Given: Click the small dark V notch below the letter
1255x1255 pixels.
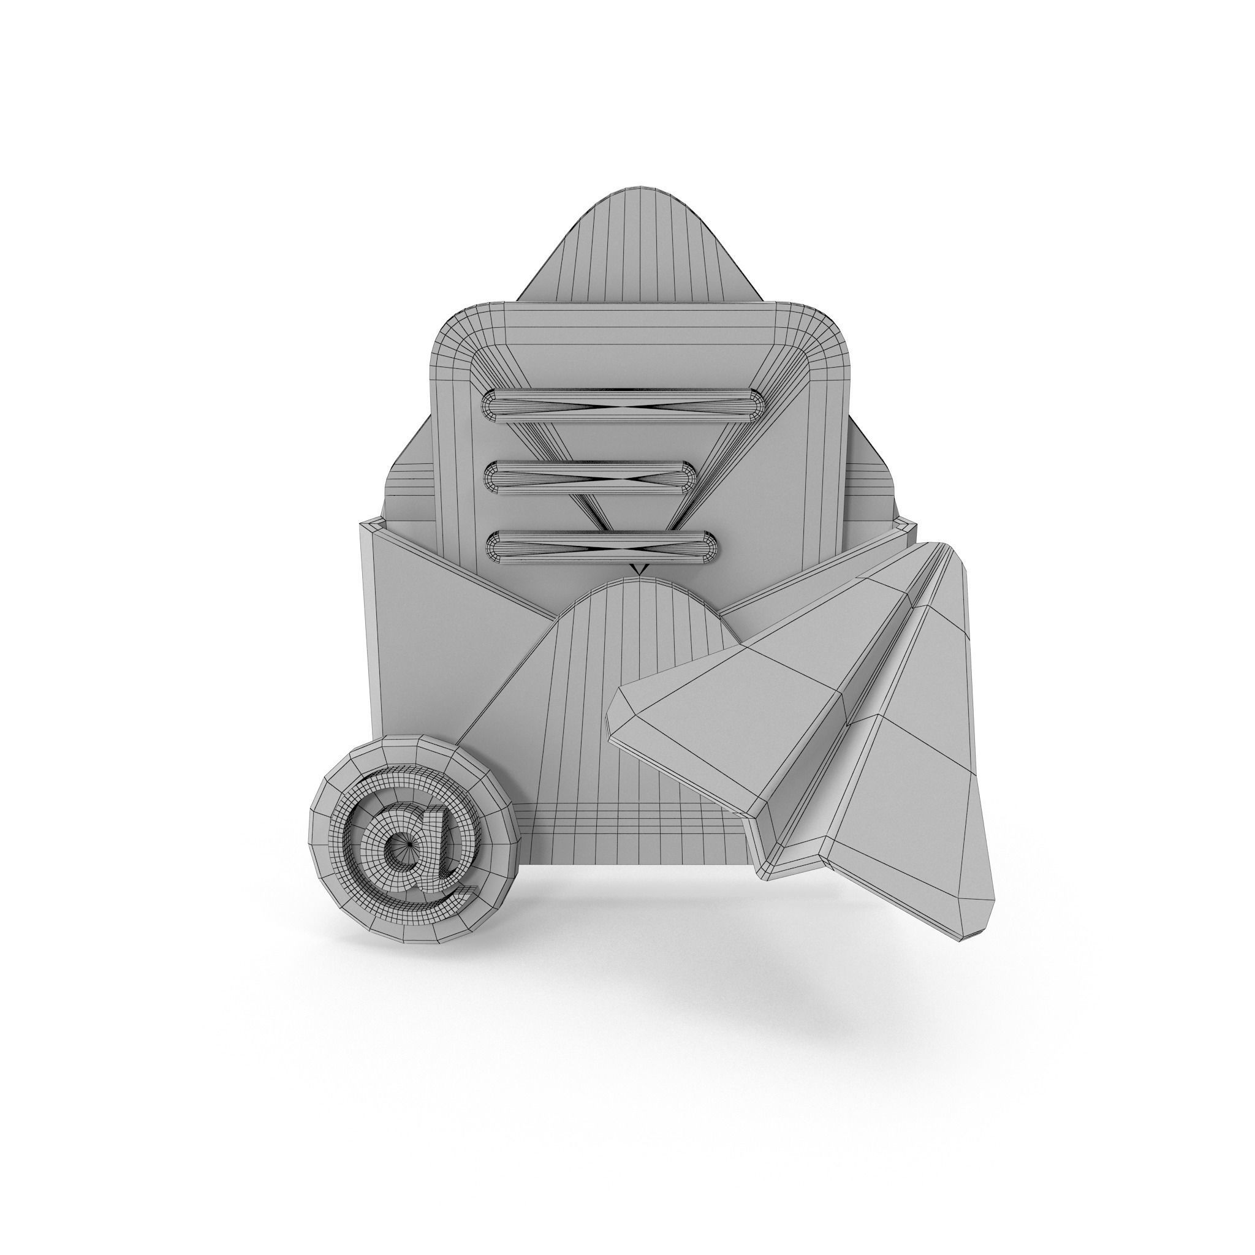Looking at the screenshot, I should point(640,570).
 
